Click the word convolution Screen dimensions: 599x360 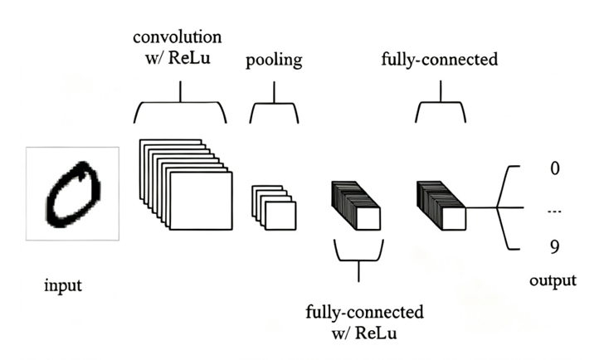178,37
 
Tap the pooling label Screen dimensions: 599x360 274,60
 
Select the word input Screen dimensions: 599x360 63,286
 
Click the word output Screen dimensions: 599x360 553,280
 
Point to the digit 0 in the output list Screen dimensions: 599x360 555,168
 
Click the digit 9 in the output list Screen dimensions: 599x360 555,247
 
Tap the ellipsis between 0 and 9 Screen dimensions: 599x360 555,211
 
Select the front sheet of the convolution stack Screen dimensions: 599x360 201,201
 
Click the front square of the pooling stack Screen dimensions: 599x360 280,216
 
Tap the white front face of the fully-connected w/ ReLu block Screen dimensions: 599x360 368,219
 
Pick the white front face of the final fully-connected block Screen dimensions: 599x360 454,219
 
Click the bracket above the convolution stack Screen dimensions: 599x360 180,102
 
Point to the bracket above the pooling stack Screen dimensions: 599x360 274,103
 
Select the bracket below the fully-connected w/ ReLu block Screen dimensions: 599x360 358,260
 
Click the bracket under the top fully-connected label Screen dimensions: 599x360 441,102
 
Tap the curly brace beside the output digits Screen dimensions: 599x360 498,207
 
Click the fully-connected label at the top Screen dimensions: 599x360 440,60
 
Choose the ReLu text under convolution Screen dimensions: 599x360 189,58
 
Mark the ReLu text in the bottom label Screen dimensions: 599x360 376,333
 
